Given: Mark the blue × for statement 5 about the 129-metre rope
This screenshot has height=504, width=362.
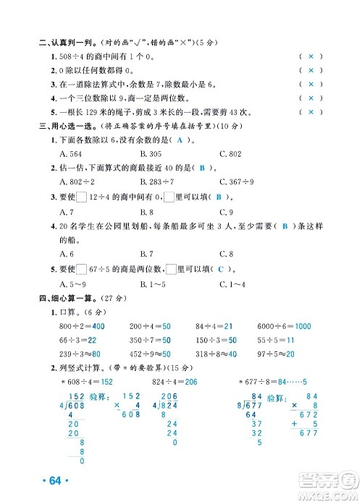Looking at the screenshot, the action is [310, 112].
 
